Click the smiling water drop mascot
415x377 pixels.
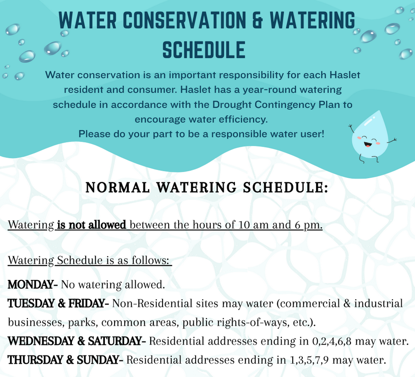click(x=371, y=138)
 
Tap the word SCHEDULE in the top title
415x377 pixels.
click(x=204, y=50)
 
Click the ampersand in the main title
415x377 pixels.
click(x=258, y=20)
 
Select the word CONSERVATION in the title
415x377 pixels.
click(x=185, y=20)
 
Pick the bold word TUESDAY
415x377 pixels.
click(x=31, y=303)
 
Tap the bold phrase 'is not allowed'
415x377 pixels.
click(x=92, y=225)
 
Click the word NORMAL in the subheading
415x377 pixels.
click(x=118, y=187)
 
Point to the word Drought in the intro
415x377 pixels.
click(x=232, y=105)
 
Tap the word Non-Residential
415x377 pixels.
click(x=152, y=303)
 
